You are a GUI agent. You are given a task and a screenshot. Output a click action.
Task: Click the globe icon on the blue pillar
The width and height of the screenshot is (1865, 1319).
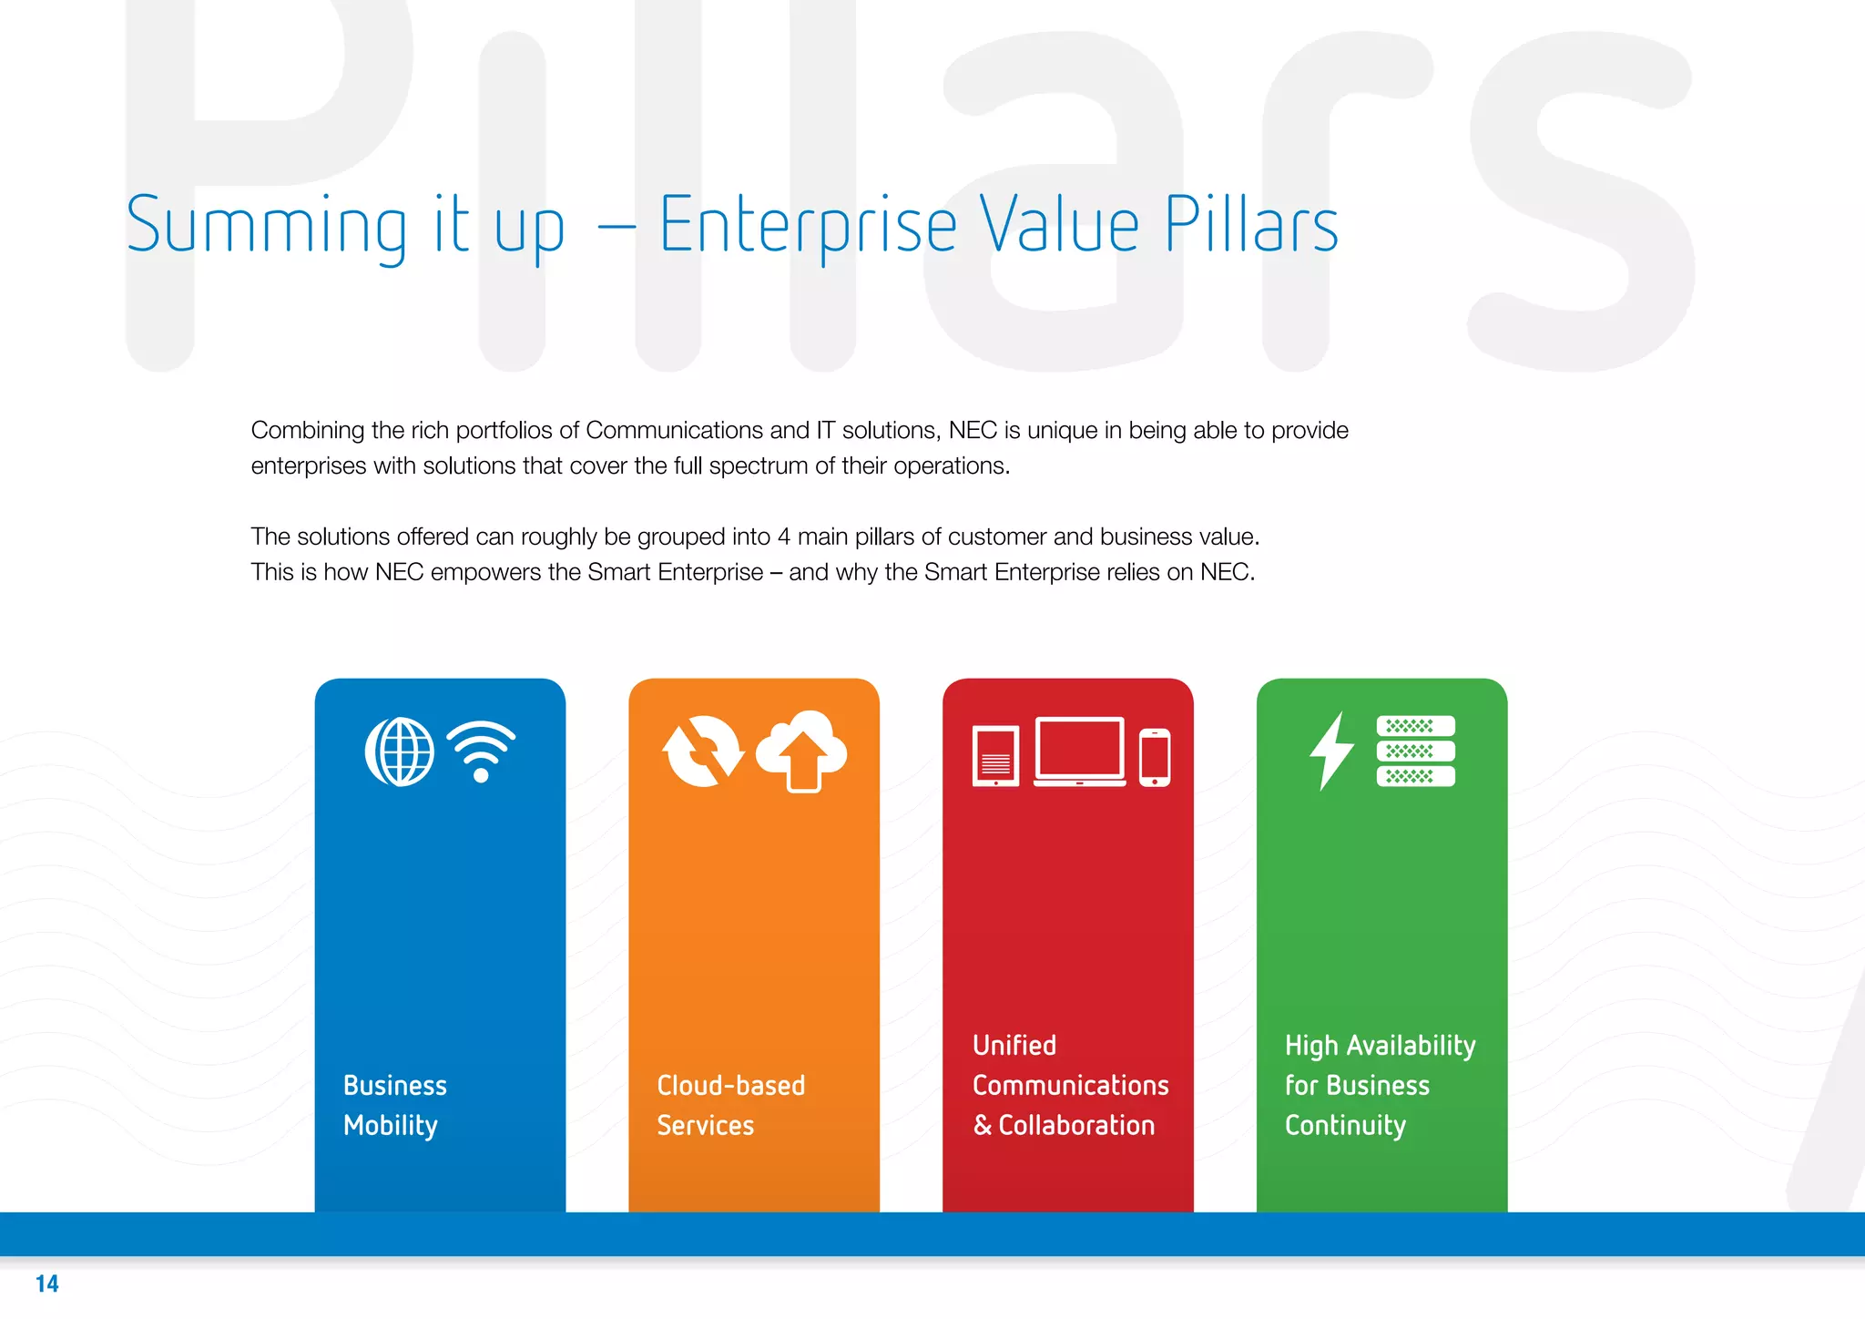400,752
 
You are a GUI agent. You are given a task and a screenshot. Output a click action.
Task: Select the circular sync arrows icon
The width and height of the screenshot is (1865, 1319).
703,752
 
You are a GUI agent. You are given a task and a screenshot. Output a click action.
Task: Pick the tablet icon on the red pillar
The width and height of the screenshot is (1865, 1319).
995,756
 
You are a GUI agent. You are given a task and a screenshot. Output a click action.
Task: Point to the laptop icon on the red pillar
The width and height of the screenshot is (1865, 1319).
1079,752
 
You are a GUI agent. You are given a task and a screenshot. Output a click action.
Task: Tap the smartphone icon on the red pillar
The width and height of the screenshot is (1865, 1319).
1155,757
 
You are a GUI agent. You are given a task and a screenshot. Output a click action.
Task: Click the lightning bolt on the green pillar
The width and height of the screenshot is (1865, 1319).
1331,751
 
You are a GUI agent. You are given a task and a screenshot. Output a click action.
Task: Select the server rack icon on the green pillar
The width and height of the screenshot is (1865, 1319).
1415,752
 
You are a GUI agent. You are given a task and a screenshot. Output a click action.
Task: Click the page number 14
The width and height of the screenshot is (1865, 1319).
47,1284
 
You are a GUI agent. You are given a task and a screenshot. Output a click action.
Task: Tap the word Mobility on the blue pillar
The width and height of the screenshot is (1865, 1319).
391,1126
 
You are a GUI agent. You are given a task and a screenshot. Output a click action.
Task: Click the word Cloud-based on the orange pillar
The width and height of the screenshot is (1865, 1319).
731,1086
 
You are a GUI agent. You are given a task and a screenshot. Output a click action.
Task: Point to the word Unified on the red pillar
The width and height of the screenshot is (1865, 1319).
1014,1046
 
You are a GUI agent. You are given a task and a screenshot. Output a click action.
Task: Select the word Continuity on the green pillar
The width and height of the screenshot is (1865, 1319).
1345,1126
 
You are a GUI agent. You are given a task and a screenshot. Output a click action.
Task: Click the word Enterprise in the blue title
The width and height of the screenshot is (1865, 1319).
808,225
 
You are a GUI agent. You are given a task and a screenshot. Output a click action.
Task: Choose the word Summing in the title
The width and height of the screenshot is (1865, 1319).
267,227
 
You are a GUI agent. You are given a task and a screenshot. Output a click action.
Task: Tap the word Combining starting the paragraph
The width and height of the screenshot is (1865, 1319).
308,430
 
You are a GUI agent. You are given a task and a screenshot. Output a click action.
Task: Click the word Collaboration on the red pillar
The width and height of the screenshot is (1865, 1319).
1076,1126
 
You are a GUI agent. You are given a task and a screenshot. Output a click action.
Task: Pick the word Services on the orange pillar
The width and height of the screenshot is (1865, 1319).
706,1126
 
